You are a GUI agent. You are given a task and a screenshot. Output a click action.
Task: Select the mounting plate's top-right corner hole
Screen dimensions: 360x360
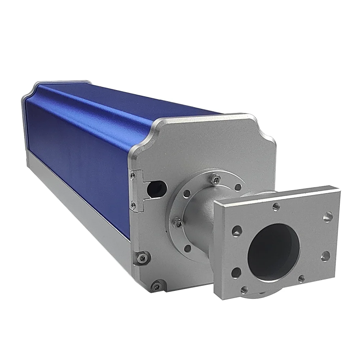click(x=327, y=217)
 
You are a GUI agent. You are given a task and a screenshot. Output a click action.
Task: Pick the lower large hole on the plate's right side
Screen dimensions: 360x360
click(x=325, y=256)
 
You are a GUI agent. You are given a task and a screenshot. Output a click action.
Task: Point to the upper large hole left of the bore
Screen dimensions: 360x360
click(x=237, y=231)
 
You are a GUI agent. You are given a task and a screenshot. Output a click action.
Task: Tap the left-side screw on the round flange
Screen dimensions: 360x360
click(x=177, y=224)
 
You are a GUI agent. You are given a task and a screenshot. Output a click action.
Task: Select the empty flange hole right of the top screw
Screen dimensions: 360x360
click(x=238, y=187)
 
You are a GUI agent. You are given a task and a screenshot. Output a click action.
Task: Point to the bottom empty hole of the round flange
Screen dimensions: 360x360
click(x=188, y=248)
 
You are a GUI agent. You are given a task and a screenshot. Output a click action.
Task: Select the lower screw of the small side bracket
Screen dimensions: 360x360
click(x=134, y=206)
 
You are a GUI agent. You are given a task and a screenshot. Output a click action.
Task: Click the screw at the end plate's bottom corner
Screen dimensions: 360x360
click(x=156, y=286)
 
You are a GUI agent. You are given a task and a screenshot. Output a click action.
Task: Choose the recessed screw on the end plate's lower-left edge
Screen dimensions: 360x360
click(x=143, y=258)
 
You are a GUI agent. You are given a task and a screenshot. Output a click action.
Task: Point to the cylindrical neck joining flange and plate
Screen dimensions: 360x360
click(x=200, y=220)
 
